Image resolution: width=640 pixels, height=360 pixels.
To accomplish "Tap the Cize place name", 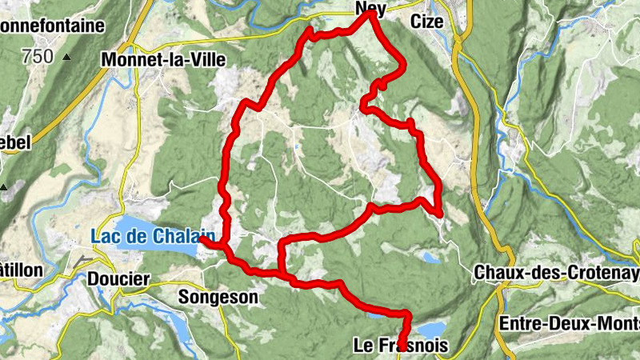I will (426, 22).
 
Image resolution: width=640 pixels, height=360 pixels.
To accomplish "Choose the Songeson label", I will (218, 298).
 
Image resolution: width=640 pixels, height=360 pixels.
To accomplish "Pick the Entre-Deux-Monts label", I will (568, 323).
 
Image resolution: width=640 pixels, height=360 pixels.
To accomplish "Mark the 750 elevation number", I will (38, 57).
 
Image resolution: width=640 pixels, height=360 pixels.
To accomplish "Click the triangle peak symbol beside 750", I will (67, 57).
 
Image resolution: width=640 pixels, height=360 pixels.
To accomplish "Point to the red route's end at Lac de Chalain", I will (202, 238).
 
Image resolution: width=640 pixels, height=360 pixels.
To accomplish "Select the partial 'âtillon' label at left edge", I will (21, 270).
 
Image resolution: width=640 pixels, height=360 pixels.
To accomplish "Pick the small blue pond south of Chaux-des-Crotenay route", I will (430, 258).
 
